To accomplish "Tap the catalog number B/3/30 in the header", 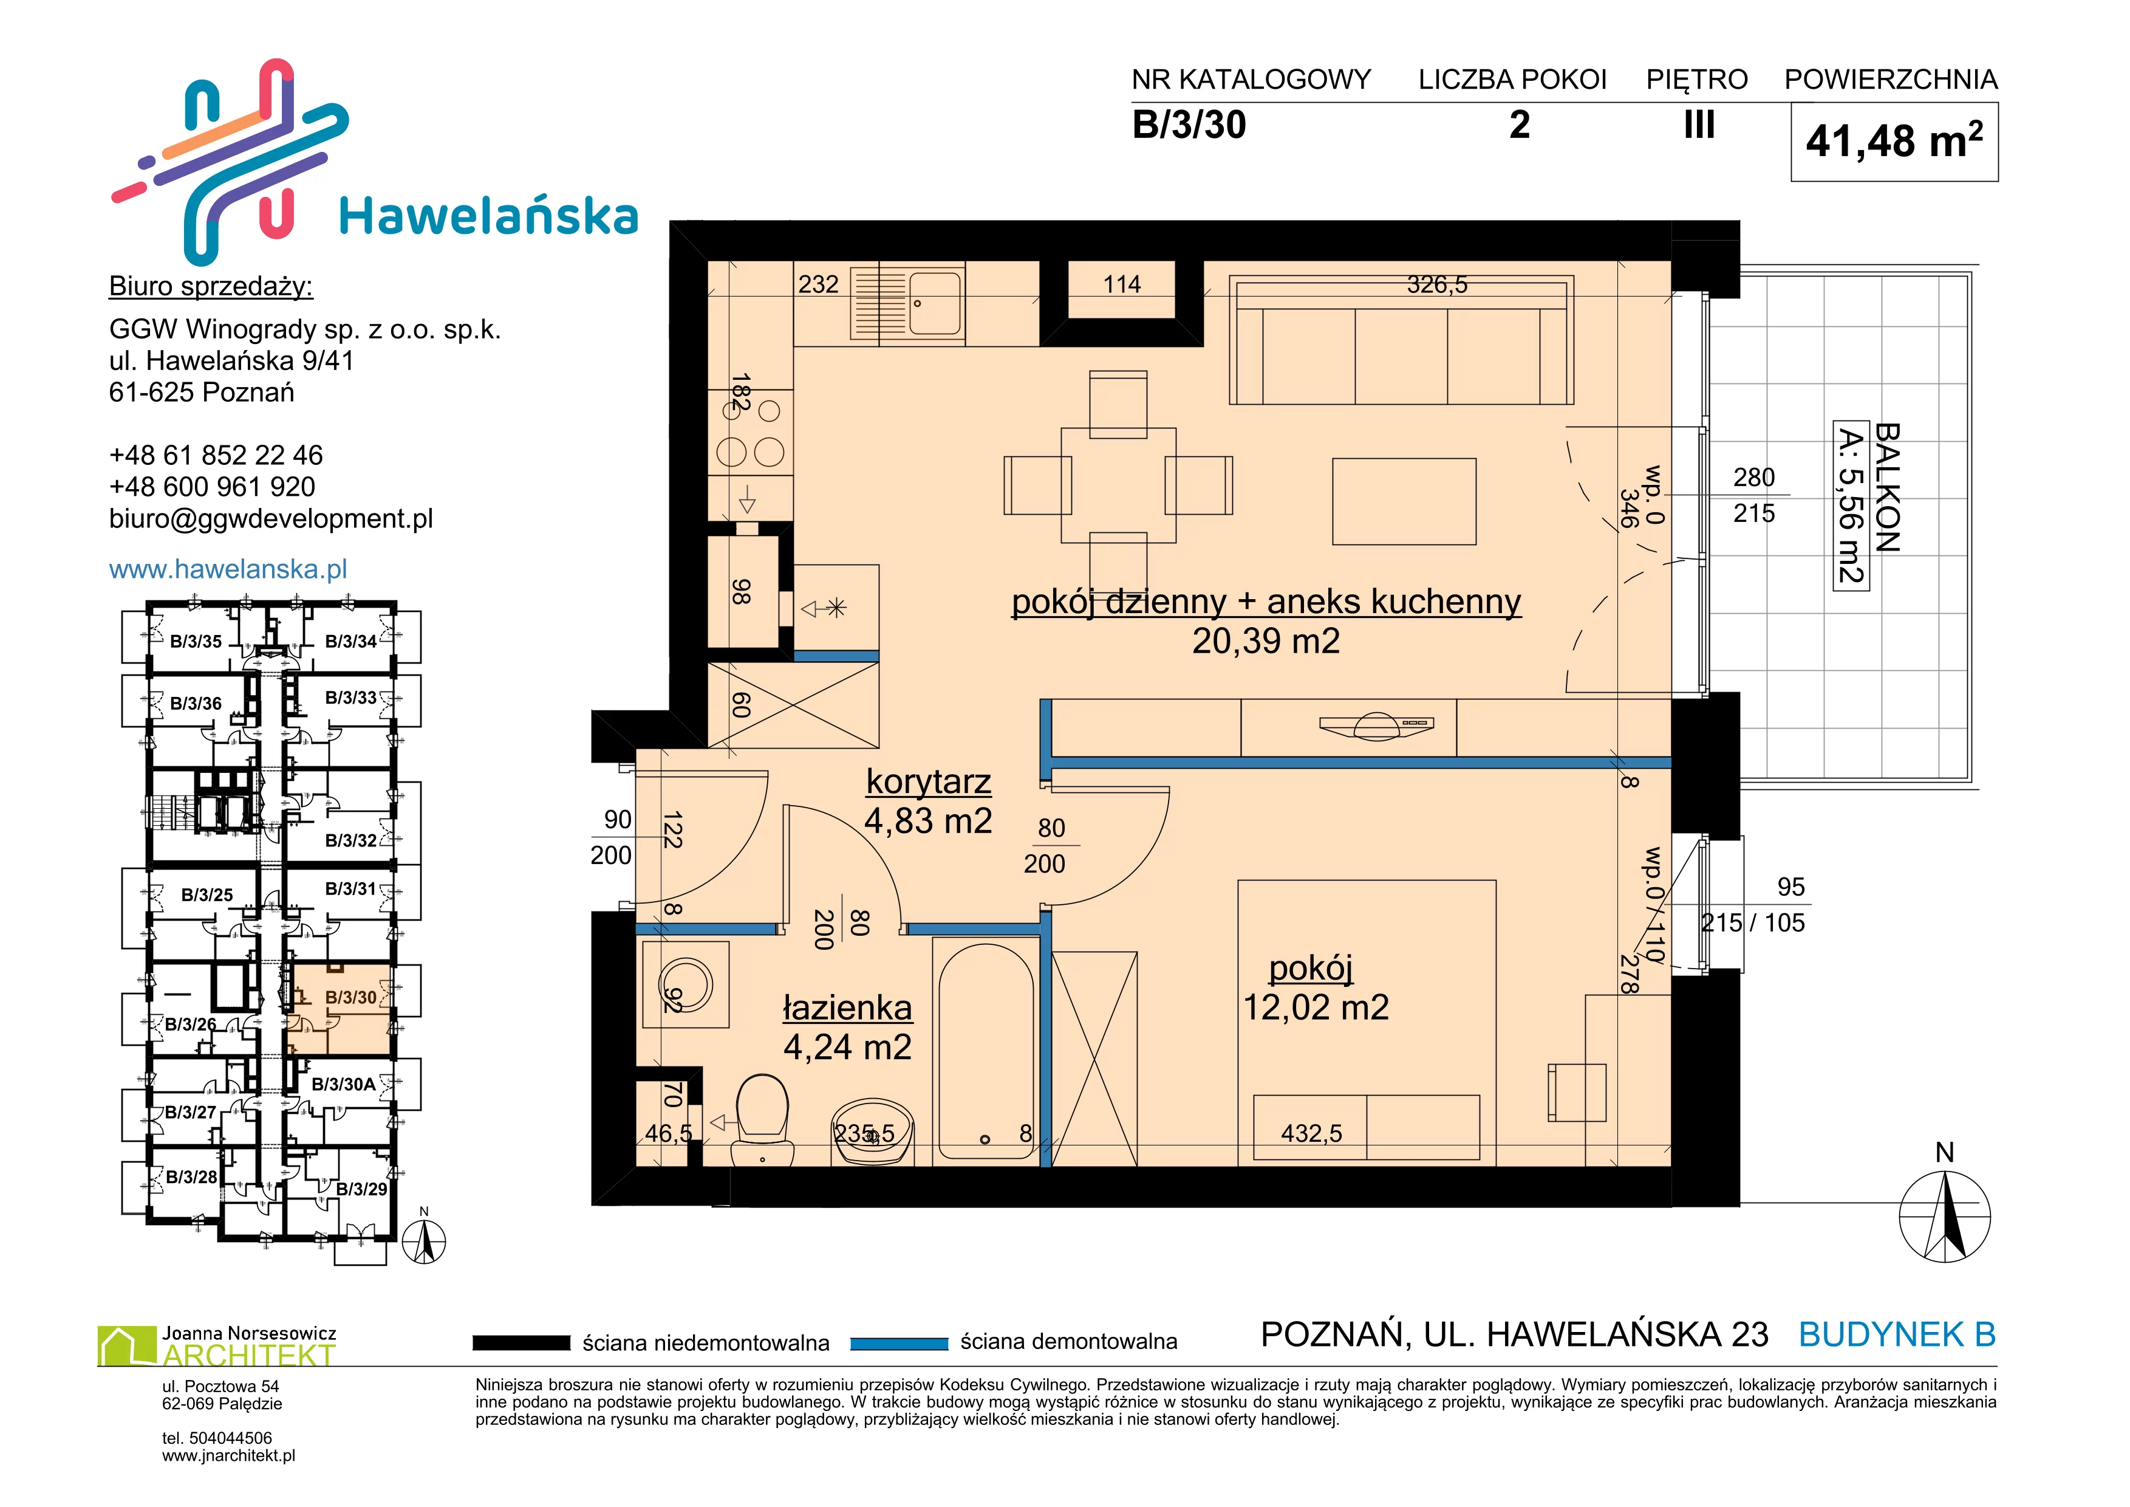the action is (1189, 125).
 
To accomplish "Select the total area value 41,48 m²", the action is (1894, 141).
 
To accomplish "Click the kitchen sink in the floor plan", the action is (908, 303).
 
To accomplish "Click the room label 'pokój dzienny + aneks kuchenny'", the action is (1266, 602).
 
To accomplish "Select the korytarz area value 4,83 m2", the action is (927, 820).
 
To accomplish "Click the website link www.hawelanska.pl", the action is (228, 569).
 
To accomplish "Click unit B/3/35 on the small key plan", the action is (196, 641).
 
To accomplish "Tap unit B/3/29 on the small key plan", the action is (361, 1189).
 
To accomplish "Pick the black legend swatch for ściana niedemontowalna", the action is (521, 1343).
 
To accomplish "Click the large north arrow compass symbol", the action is (1945, 1215).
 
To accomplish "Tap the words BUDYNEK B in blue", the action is (1897, 1334).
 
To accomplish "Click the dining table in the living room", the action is (1118, 486).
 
